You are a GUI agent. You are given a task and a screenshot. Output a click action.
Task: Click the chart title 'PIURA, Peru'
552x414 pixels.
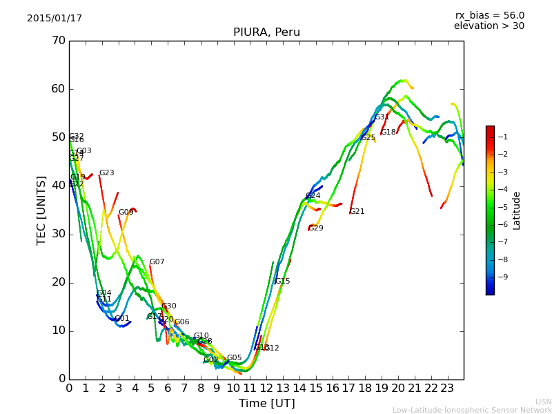266,32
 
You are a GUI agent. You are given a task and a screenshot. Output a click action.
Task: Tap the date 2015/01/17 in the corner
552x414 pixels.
55,18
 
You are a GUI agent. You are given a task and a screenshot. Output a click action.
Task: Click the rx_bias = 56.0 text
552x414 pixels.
489,15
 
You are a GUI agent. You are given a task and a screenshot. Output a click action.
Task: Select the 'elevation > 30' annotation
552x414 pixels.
489,26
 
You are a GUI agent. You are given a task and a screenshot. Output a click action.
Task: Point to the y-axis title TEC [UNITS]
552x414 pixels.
41,210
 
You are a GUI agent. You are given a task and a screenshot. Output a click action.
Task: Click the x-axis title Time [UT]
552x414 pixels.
266,403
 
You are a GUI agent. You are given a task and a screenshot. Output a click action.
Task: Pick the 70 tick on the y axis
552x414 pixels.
58,41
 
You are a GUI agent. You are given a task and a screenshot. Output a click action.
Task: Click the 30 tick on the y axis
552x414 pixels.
58,234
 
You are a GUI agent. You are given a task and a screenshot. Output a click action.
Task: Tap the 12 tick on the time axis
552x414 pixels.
266,388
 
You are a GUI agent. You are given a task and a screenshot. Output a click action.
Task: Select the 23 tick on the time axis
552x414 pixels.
447,388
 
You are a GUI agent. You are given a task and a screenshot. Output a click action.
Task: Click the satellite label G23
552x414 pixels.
107,173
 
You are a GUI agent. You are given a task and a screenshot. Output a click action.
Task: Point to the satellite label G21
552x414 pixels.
357,212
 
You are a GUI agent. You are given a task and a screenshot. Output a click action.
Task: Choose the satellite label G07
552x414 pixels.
157,262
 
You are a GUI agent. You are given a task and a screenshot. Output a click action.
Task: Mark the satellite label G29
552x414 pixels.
316,228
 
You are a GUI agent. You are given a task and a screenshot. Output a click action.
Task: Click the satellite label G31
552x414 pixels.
382,117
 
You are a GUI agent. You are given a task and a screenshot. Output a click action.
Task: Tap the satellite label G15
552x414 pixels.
283,282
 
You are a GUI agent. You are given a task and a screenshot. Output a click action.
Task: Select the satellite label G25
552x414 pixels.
368,138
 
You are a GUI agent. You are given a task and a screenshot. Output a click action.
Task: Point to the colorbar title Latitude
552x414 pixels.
517,210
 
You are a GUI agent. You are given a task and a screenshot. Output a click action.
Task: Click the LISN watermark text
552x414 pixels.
543,402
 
